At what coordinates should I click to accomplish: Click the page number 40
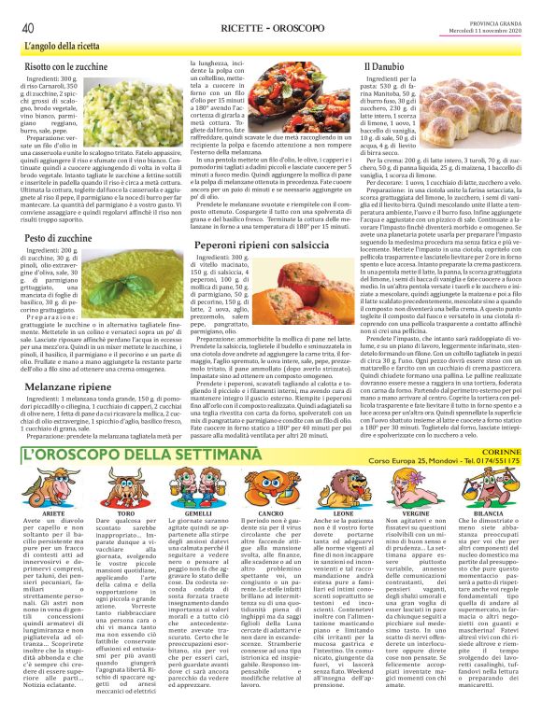click(x=28, y=27)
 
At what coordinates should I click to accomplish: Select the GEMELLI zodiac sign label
click(x=199, y=513)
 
